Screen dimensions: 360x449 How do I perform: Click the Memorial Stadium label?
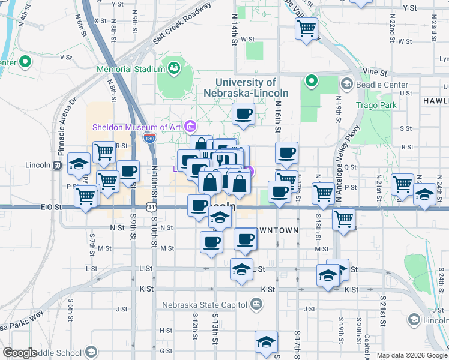[131, 68]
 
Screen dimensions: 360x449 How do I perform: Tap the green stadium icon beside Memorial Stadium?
[174, 68]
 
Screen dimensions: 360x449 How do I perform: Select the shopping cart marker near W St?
[307, 28]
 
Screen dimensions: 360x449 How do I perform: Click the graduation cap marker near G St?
[266, 342]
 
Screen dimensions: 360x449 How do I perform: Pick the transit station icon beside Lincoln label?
[57, 165]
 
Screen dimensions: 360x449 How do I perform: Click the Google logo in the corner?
[20, 353]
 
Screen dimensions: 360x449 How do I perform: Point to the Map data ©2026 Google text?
[411, 355]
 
